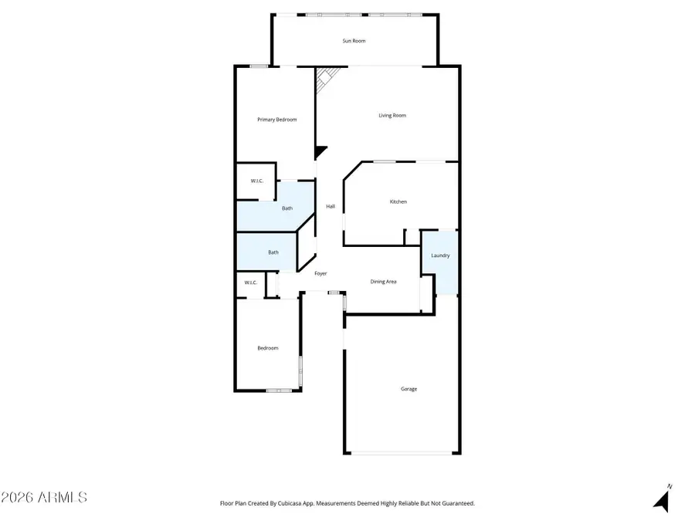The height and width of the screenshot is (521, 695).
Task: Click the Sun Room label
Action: (x=354, y=40)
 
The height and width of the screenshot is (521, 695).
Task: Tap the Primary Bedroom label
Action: (x=276, y=120)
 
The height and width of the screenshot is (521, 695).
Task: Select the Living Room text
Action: (x=392, y=116)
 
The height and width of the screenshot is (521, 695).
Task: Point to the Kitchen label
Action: (x=398, y=201)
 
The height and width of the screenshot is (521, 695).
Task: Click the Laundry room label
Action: (x=440, y=255)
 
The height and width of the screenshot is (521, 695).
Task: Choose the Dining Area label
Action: (x=383, y=282)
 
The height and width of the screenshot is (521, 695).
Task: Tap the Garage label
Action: (x=409, y=389)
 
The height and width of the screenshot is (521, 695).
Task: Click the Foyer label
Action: (x=320, y=273)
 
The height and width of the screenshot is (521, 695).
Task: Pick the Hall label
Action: (x=331, y=206)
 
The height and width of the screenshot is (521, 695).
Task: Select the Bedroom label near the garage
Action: (x=267, y=348)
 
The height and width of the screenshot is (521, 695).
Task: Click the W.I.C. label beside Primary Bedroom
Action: (x=256, y=181)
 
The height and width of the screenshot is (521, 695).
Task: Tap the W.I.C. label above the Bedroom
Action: (x=250, y=282)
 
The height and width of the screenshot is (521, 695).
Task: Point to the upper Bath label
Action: (x=286, y=208)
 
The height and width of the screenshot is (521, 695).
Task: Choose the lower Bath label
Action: (x=273, y=252)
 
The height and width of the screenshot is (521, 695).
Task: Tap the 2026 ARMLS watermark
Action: (x=44, y=496)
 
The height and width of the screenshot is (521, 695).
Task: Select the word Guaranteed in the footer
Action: (x=457, y=503)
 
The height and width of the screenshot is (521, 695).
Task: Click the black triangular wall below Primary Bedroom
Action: (x=320, y=152)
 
